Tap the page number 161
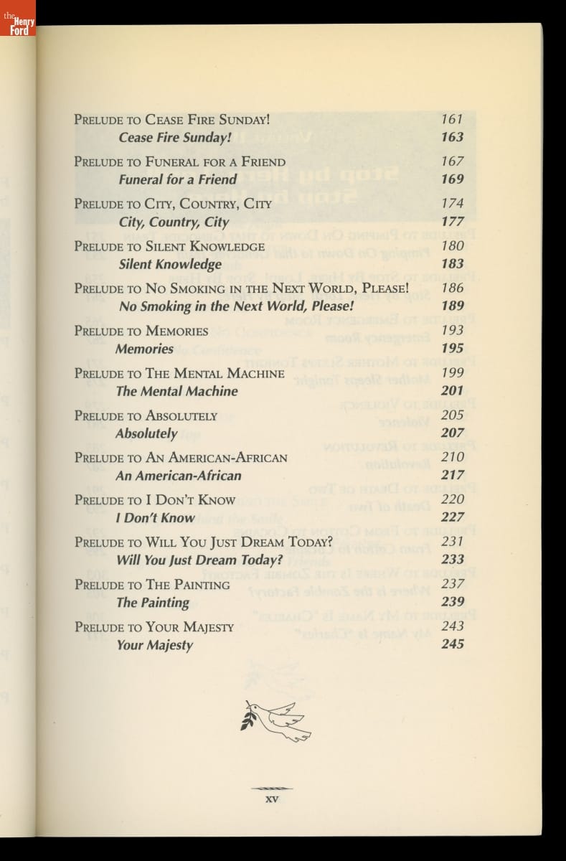tap(452, 119)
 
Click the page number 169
tap(452, 179)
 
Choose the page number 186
tap(452, 288)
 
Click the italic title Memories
tap(144, 349)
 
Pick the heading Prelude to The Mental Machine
tap(179, 373)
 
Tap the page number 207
tap(452, 433)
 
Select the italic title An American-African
tap(178, 475)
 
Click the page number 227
tap(452, 517)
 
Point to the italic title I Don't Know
tap(155, 517)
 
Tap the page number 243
tap(452, 626)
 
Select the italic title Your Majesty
tap(154, 644)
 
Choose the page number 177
tap(452, 221)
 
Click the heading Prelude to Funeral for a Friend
tap(179, 161)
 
